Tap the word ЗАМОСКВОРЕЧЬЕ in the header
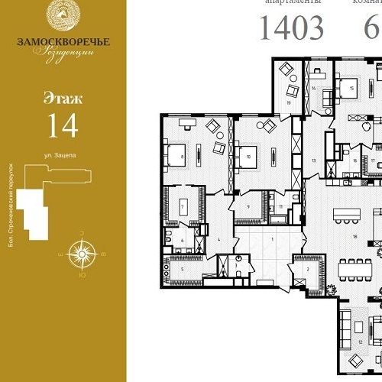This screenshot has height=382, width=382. click(x=63, y=41)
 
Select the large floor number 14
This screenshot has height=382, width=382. click(x=63, y=125)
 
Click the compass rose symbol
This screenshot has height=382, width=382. click(x=80, y=253)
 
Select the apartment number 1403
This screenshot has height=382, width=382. click(x=291, y=28)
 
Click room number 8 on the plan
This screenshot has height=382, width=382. click(x=183, y=158)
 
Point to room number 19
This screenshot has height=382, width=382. click(x=290, y=102)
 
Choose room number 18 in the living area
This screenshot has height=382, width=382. click(x=354, y=238)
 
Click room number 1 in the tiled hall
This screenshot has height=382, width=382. click(x=272, y=238)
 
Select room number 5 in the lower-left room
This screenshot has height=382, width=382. click(x=183, y=269)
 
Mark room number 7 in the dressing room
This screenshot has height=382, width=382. click(x=183, y=207)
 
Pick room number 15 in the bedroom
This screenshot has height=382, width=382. click(x=351, y=89)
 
